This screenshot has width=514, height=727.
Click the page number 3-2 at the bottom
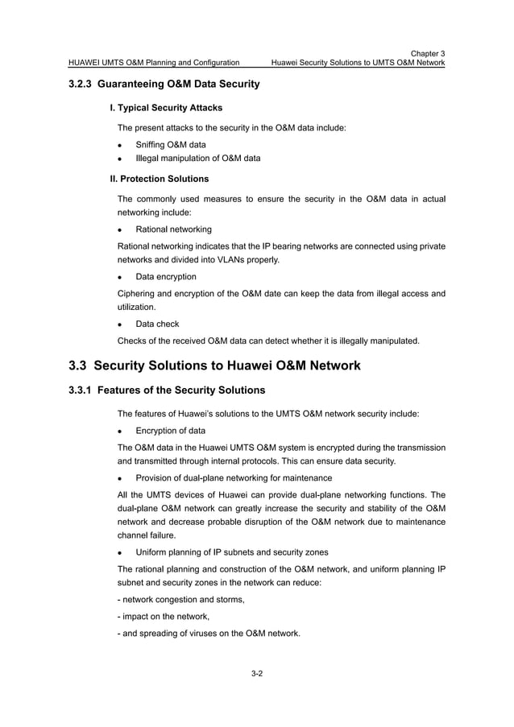coord(257,673)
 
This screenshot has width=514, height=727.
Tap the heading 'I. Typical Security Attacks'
coord(166,107)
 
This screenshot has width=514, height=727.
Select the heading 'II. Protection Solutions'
coord(160,179)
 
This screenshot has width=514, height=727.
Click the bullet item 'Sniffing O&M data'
coord(170,144)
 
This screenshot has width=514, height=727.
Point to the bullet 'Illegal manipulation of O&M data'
coord(197,159)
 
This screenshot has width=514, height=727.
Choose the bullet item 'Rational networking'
coord(173,229)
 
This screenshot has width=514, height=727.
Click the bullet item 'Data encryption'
coord(165,277)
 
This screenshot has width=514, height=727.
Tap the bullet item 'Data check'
coord(157,324)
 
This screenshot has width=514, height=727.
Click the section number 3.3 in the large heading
coord(78,366)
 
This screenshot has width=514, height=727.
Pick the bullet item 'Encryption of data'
coord(170,431)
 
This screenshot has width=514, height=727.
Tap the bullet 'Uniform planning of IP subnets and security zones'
coord(232,553)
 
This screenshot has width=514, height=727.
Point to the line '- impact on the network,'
coord(164,617)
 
